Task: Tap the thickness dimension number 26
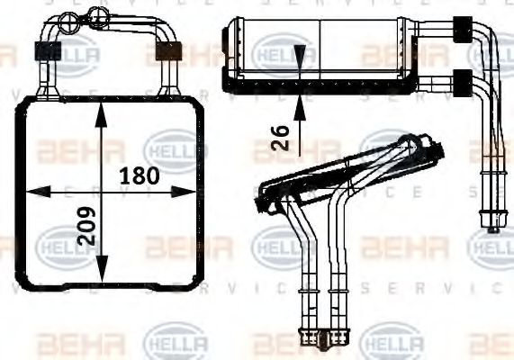coord(282,138)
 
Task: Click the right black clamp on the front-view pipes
coord(168,50)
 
